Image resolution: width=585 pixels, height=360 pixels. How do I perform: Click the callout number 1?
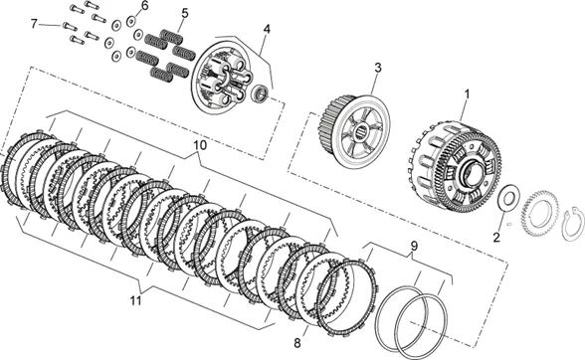[466, 94]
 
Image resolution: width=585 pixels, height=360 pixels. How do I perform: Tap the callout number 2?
[496, 238]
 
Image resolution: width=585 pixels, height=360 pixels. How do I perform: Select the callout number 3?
[378, 68]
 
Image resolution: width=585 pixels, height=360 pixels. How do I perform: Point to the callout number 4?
[267, 29]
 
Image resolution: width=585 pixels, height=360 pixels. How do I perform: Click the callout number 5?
[185, 14]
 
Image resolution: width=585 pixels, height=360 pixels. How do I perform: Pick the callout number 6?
[144, 6]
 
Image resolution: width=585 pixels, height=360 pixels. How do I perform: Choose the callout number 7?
[34, 24]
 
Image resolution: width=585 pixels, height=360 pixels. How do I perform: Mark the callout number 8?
[296, 343]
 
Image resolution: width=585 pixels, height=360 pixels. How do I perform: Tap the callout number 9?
[414, 246]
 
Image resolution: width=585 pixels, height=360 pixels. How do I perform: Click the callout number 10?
[200, 145]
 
